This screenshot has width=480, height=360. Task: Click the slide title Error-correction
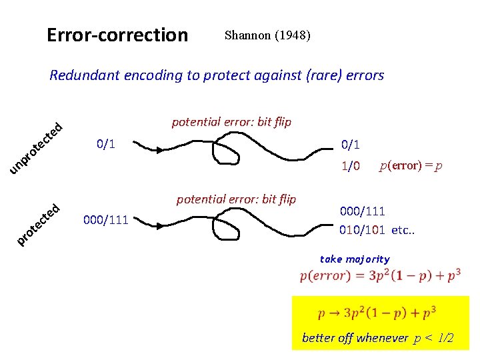(x=117, y=35)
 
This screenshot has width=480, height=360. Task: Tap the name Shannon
(x=247, y=35)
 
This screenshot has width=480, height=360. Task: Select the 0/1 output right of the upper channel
(x=351, y=144)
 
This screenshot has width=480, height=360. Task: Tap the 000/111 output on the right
(x=362, y=211)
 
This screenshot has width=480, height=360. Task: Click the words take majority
(x=355, y=259)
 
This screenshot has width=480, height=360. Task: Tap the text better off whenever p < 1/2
(x=378, y=338)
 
